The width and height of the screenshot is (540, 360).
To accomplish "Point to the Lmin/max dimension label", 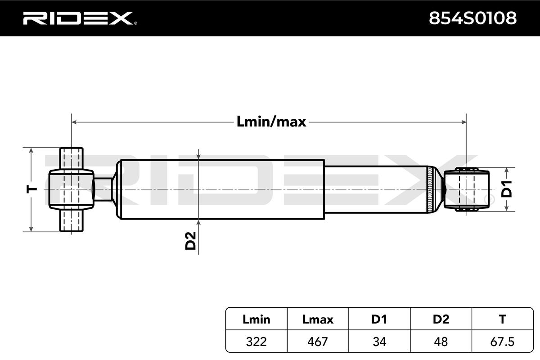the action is point(271,121).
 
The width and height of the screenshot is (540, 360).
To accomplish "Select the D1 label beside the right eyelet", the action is point(507,189).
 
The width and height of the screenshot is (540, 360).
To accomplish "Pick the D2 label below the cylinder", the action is point(191,241).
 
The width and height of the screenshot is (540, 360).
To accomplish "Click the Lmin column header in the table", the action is point(256,319).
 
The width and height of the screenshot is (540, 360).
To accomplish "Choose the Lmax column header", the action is point(318,319).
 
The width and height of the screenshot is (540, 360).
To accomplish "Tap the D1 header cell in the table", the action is point(379,319).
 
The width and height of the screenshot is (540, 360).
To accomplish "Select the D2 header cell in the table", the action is point(441,319).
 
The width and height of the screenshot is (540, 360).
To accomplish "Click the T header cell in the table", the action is point(502,319).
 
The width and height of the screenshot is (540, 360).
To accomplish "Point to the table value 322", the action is point(256,342).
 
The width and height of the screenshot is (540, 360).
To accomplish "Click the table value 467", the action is point(318,342).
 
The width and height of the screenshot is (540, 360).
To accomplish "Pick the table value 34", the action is point(379,342).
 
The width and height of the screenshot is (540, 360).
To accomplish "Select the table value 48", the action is point(441,342).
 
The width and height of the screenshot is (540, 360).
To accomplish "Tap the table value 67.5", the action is point(502,342).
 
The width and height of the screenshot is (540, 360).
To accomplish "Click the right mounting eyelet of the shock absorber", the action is point(466,189).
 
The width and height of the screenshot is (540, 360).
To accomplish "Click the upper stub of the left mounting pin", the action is point(72,158).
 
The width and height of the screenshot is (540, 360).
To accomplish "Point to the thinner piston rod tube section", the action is point(376,189).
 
